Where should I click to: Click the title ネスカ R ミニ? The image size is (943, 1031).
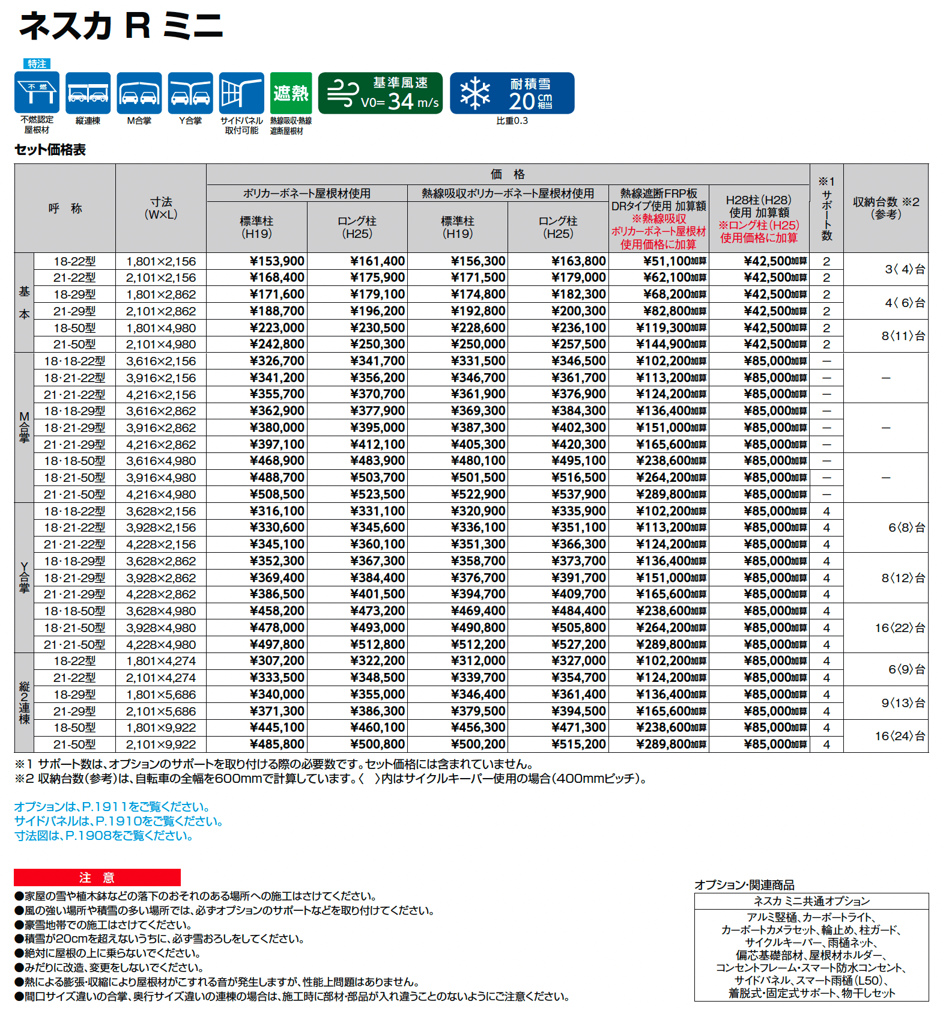tap(121, 26)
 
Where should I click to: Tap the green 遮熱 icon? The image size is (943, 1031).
tap(291, 93)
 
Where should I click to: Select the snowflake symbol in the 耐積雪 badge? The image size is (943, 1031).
tap(475, 93)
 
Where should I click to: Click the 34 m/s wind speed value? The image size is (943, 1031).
tap(401, 102)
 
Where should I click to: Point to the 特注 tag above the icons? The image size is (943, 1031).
tap(37, 64)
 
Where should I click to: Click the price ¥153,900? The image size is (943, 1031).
tap(277, 261)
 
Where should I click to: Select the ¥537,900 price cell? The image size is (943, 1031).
tap(579, 494)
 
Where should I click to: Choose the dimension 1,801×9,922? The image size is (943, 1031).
tap(161, 728)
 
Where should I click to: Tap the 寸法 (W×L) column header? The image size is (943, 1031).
tap(161, 208)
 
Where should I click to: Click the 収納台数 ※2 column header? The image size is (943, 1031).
tap(886, 208)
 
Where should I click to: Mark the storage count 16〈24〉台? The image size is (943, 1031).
tap(900, 736)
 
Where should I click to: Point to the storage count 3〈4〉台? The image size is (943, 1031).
tap(905, 269)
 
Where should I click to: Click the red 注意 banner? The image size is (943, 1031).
tap(97, 878)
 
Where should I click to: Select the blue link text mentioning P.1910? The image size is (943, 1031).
tap(119, 821)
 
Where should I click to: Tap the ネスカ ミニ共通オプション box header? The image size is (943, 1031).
tap(811, 901)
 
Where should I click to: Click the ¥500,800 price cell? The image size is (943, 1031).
tap(378, 744)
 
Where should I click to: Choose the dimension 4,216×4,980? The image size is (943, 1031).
tap(161, 494)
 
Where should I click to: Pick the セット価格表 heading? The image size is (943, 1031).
tap(50, 150)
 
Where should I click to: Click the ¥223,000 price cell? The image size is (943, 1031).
tap(277, 328)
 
